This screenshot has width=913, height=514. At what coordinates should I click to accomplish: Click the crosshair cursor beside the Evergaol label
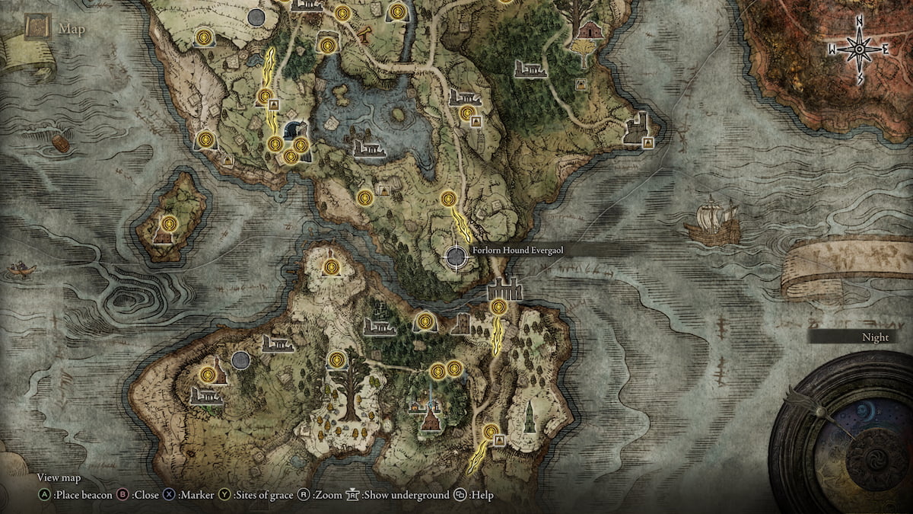click(x=456, y=257)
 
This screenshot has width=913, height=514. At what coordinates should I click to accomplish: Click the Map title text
click(x=73, y=30)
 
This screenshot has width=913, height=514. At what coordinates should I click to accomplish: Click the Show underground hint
click(x=398, y=495)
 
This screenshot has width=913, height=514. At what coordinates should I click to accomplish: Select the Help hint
click(x=475, y=495)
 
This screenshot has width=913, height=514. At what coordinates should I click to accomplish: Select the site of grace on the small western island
click(x=169, y=224)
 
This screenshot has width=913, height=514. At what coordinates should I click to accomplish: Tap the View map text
click(x=59, y=478)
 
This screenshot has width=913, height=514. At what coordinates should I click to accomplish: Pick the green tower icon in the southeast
click(x=529, y=417)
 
